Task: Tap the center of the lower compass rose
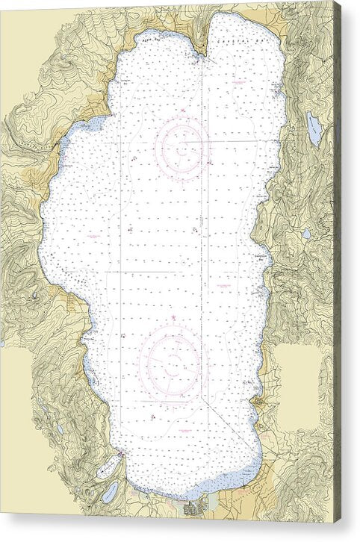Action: coord(173,364)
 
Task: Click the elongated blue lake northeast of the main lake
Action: coord(314,129)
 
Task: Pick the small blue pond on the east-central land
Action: coord(306,234)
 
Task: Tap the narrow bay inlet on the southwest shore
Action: coord(108,467)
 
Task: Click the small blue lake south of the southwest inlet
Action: coord(111,491)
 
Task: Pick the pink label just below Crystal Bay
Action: coord(239,81)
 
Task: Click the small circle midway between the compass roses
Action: coord(183,263)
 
